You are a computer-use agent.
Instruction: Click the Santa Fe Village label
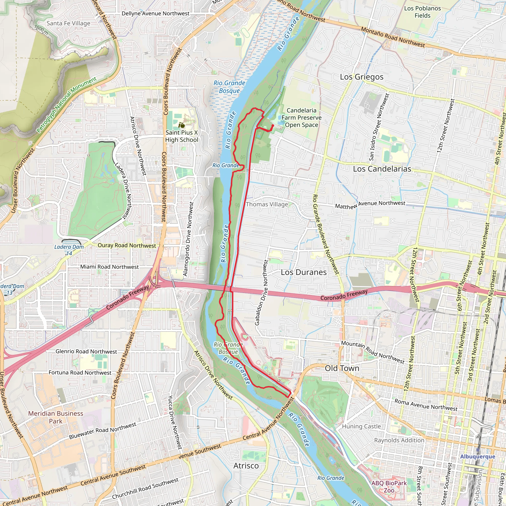click(x=68, y=23)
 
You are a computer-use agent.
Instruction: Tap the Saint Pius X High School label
click(x=182, y=136)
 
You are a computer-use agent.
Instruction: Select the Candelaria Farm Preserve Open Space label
click(x=301, y=118)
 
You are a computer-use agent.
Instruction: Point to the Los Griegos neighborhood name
click(x=361, y=77)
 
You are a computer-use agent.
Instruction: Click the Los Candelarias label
click(x=382, y=169)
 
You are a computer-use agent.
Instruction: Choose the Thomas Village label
click(x=267, y=204)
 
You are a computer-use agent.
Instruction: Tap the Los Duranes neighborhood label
click(x=304, y=272)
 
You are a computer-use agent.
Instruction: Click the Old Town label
click(x=342, y=368)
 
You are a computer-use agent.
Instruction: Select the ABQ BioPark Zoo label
click(x=389, y=487)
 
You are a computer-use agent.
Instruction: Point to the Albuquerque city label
click(x=478, y=457)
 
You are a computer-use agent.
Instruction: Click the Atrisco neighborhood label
click(x=246, y=466)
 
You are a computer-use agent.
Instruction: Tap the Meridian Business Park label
click(x=56, y=417)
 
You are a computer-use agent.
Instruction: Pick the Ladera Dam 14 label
click(x=69, y=250)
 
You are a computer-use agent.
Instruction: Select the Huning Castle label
click(x=361, y=426)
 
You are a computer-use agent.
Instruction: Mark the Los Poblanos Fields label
click(x=422, y=12)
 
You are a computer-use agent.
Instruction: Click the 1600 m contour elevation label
click(x=41, y=30)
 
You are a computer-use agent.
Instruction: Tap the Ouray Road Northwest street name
click(x=127, y=245)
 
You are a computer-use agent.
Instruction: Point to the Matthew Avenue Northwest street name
click(x=370, y=205)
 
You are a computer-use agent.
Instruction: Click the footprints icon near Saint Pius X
click(x=182, y=125)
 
